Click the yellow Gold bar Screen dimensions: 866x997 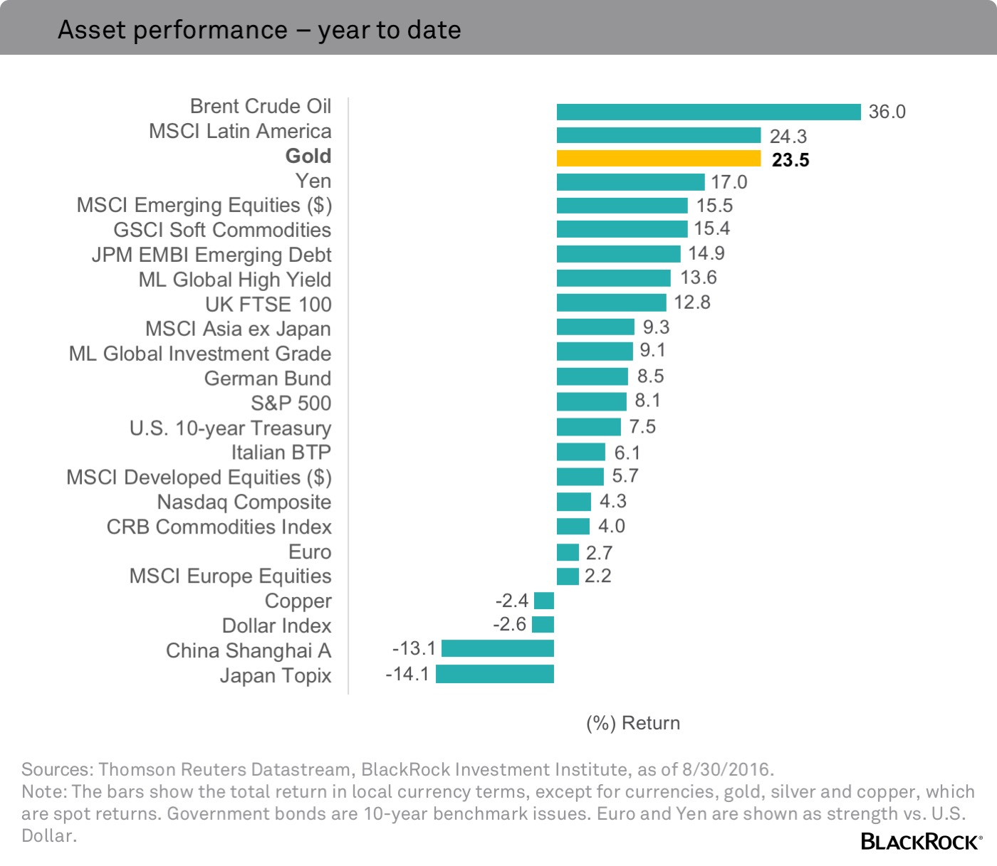click(x=659, y=158)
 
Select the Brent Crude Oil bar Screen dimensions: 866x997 click(x=709, y=112)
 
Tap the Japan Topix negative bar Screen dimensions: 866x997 click(x=495, y=674)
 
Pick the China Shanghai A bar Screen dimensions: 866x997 click(x=498, y=648)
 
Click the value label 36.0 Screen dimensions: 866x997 click(x=887, y=112)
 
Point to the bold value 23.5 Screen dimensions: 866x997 click(x=790, y=160)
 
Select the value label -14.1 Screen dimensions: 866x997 click(x=407, y=674)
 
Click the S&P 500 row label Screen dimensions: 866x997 click(x=291, y=403)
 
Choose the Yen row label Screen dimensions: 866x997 click(x=313, y=181)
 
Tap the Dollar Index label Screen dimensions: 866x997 click(x=276, y=625)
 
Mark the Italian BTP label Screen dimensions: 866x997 click(x=281, y=453)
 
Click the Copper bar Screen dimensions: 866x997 click(x=544, y=601)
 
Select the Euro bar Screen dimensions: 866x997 click(x=568, y=552)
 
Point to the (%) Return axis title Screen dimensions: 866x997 click(x=632, y=723)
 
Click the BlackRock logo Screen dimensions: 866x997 click(x=921, y=842)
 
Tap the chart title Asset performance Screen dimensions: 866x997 click(x=259, y=30)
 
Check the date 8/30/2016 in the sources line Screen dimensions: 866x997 click(x=726, y=769)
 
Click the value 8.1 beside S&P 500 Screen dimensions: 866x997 click(x=647, y=401)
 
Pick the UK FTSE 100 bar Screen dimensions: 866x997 click(x=611, y=302)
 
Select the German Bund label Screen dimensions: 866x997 click(x=267, y=379)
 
